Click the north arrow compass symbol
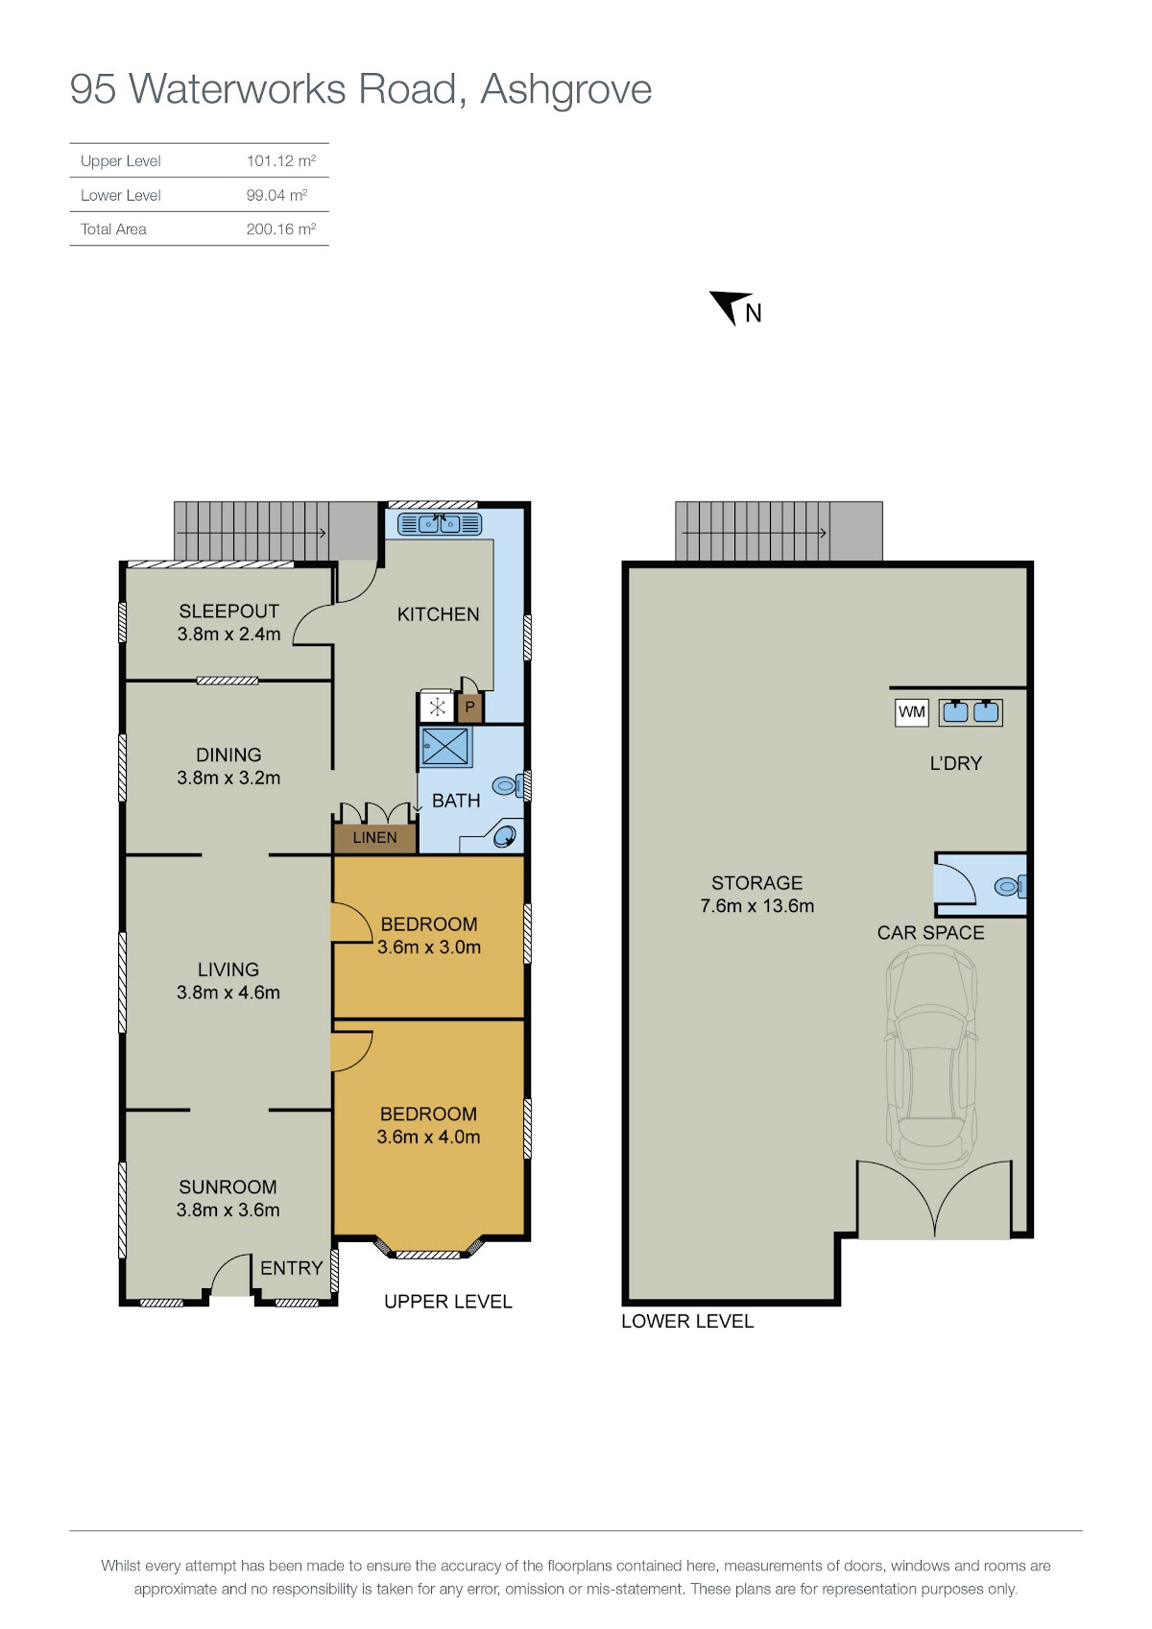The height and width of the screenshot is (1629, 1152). (x=728, y=305)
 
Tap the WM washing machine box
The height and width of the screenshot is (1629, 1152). (x=911, y=712)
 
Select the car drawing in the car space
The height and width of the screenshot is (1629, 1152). (x=930, y=1061)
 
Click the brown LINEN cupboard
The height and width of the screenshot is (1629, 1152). (x=374, y=838)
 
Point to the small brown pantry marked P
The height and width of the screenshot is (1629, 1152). (x=469, y=707)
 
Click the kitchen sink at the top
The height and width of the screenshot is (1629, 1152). (x=440, y=523)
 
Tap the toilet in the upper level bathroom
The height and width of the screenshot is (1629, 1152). (x=508, y=785)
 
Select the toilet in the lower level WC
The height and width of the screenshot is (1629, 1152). (x=1010, y=887)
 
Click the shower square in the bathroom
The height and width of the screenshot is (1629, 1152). (x=445, y=747)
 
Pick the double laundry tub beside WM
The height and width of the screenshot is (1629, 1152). (x=971, y=712)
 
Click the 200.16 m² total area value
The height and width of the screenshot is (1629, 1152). (x=280, y=229)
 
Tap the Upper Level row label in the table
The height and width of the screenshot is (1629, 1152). (x=121, y=160)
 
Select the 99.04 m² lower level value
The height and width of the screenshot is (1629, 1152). (x=276, y=195)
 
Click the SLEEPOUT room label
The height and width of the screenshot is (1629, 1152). (x=229, y=611)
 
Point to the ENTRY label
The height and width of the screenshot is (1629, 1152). (x=291, y=1268)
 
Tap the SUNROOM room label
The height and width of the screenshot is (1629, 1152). (x=228, y=1186)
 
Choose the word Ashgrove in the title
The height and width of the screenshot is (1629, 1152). (x=565, y=90)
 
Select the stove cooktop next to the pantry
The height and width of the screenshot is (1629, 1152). (x=437, y=707)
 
